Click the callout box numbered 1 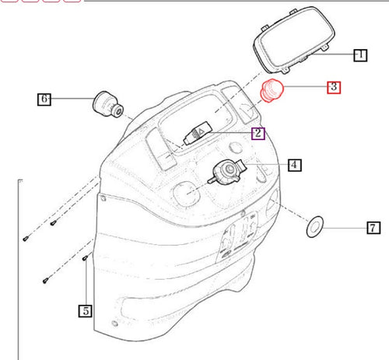pos(359,55)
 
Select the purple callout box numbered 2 pos(258,133)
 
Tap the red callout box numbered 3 pos(333,86)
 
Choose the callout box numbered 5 pos(84,311)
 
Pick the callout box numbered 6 pos(45,99)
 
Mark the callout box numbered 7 pos(373,228)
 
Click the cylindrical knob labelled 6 pos(106,103)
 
